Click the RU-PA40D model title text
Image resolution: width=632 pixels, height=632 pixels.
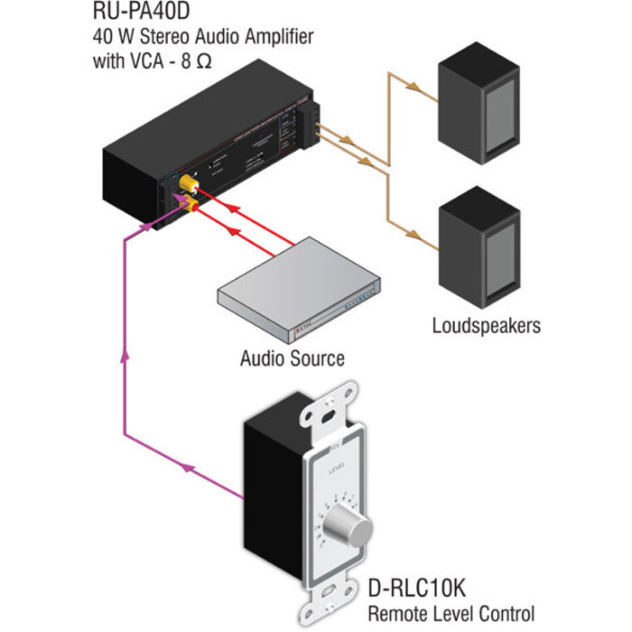click(141, 11)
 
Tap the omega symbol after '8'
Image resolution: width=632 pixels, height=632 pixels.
click(204, 62)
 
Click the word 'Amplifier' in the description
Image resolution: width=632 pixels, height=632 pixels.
click(279, 37)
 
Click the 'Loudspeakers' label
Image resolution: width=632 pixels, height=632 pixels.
click(486, 326)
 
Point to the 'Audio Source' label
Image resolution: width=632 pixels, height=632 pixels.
click(292, 359)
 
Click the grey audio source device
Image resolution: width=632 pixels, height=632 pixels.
click(298, 288)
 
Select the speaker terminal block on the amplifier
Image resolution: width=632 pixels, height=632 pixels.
click(311, 126)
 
